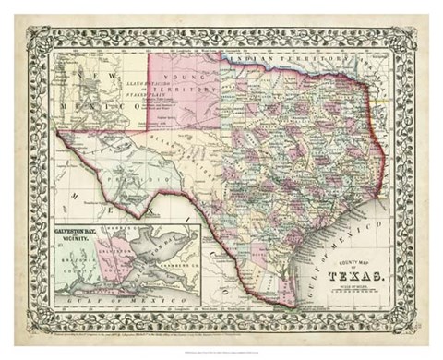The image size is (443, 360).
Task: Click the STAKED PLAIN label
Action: coord(158,93)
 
